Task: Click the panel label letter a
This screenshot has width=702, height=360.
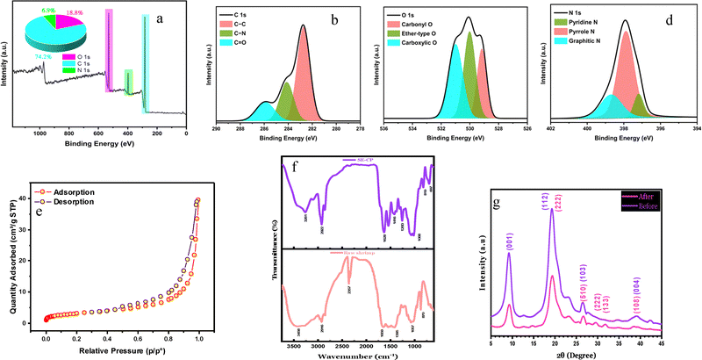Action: [168, 18]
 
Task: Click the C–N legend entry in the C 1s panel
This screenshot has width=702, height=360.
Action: [241, 33]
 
